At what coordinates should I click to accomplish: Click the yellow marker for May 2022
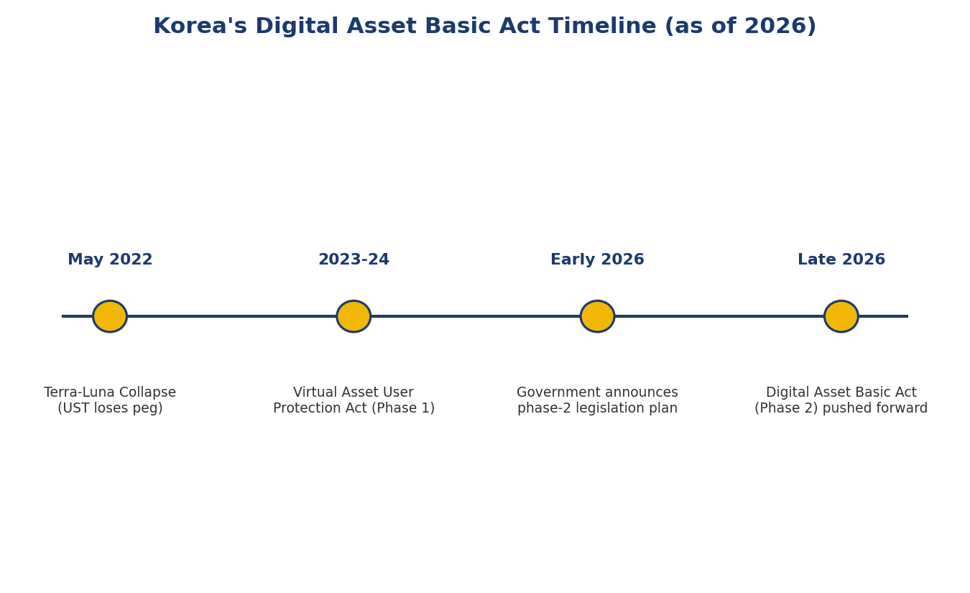[x=110, y=316]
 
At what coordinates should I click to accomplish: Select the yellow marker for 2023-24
[x=354, y=316]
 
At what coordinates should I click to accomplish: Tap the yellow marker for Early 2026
[x=598, y=316]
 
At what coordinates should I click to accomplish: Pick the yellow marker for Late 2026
[x=841, y=316]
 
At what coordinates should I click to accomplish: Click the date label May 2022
[x=110, y=259]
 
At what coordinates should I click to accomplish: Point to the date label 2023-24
[x=354, y=259]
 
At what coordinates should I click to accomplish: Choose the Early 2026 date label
[x=598, y=259]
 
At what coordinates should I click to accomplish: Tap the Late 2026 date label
[x=841, y=259]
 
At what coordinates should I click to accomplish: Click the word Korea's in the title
[x=200, y=26]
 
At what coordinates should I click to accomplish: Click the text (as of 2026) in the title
[x=741, y=27]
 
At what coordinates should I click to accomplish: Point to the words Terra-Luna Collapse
[x=110, y=392]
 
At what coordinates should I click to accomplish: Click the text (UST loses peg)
[x=110, y=408]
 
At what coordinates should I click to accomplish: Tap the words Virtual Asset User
[x=354, y=392]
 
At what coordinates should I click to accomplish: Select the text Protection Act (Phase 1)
[x=354, y=408]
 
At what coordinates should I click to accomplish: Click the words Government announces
[x=597, y=392]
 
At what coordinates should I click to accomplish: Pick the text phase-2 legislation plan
[x=598, y=408]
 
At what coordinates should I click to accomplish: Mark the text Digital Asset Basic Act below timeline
[x=841, y=392]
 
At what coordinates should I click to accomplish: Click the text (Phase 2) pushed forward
[x=841, y=408]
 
